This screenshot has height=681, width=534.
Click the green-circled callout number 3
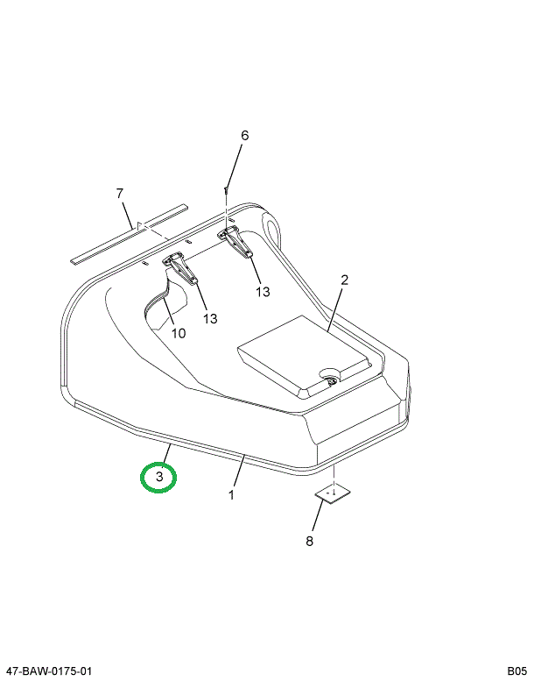coord(159,477)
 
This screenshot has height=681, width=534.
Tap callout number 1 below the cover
coord(232,494)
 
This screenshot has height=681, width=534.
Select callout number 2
coord(344,280)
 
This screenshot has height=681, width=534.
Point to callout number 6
coord(245,136)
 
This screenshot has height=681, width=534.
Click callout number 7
coord(120,194)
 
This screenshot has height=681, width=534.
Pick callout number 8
coord(309,541)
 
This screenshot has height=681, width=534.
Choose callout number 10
coord(179,333)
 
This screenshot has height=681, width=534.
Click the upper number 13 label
coord(263,292)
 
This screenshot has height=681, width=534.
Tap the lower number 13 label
coord(210,319)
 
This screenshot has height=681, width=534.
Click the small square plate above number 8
coord(333,494)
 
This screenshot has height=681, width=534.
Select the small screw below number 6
coord(226,190)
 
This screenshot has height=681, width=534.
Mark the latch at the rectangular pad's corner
coord(332,380)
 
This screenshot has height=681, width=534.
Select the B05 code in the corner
coord(517,671)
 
